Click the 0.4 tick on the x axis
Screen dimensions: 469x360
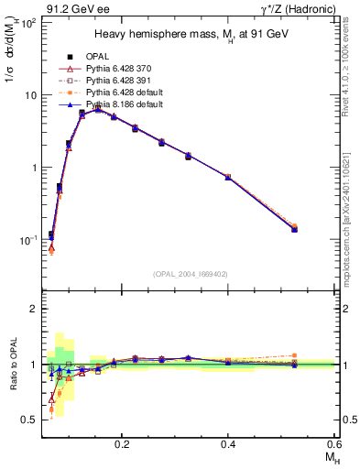229,442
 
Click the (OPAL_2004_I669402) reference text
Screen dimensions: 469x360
189,273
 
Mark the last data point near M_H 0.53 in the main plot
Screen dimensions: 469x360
295,228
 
